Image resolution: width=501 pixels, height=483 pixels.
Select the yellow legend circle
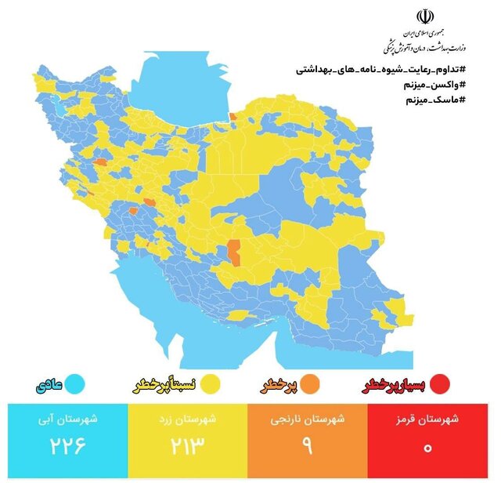(209, 385)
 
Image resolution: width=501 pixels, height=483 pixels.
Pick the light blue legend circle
(76, 385)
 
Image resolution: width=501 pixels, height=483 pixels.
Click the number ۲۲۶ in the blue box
(67, 448)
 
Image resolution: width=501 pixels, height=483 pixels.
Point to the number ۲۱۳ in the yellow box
(188, 448)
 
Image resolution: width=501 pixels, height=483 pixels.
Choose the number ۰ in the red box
(428, 449)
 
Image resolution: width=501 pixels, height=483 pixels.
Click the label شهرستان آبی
(68, 419)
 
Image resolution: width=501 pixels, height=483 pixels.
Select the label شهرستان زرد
(188, 419)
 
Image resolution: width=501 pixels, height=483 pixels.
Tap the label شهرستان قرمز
(428, 419)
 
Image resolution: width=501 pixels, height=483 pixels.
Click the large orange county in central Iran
(234, 252)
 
